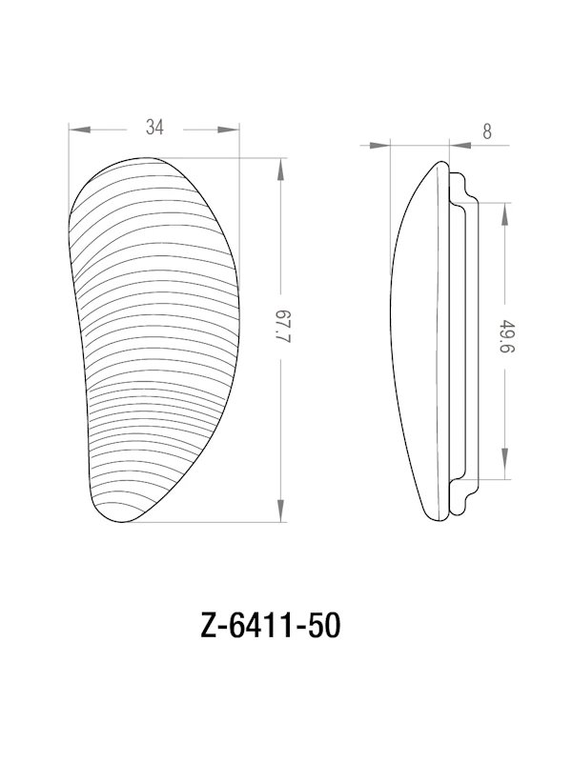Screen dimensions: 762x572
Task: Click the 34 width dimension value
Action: (x=153, y=127)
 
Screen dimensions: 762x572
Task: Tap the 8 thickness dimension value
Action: (x=487, y=132)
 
